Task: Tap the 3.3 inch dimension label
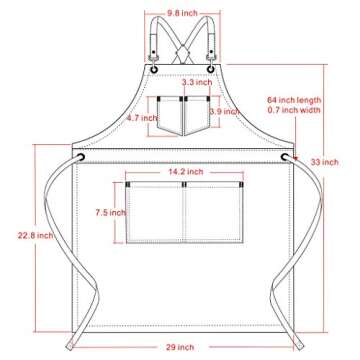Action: click(x=181, y=82)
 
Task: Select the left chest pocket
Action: click(x=169, y=116)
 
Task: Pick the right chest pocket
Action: click(x=196, y=116)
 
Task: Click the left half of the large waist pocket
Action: click(x=156, y=215)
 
